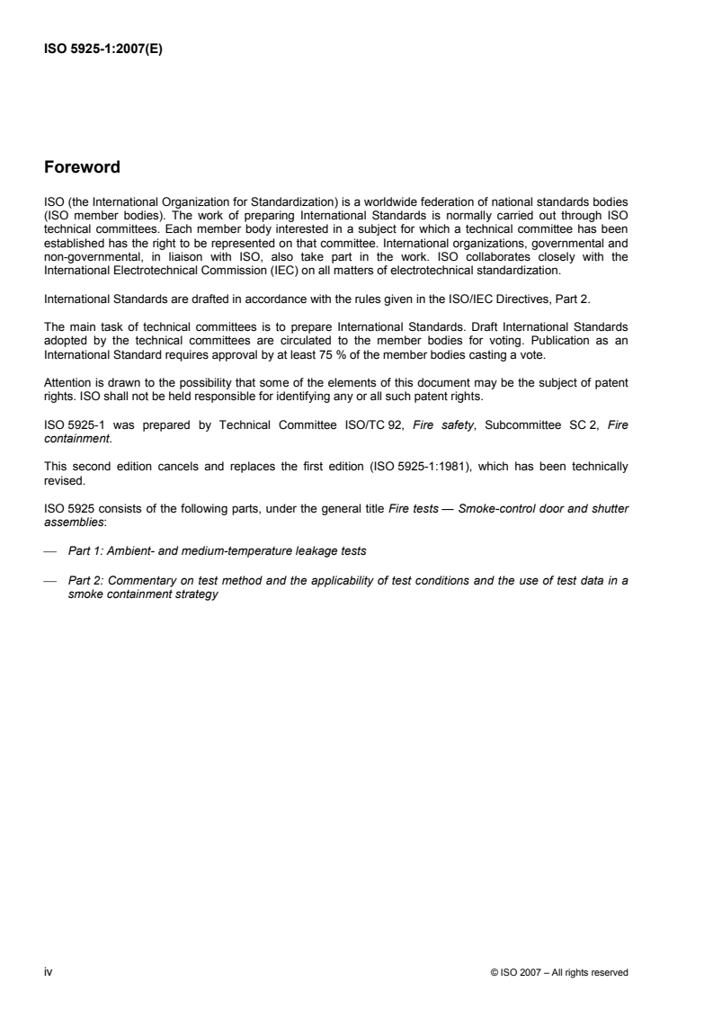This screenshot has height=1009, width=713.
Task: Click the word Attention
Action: pos(65,365)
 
